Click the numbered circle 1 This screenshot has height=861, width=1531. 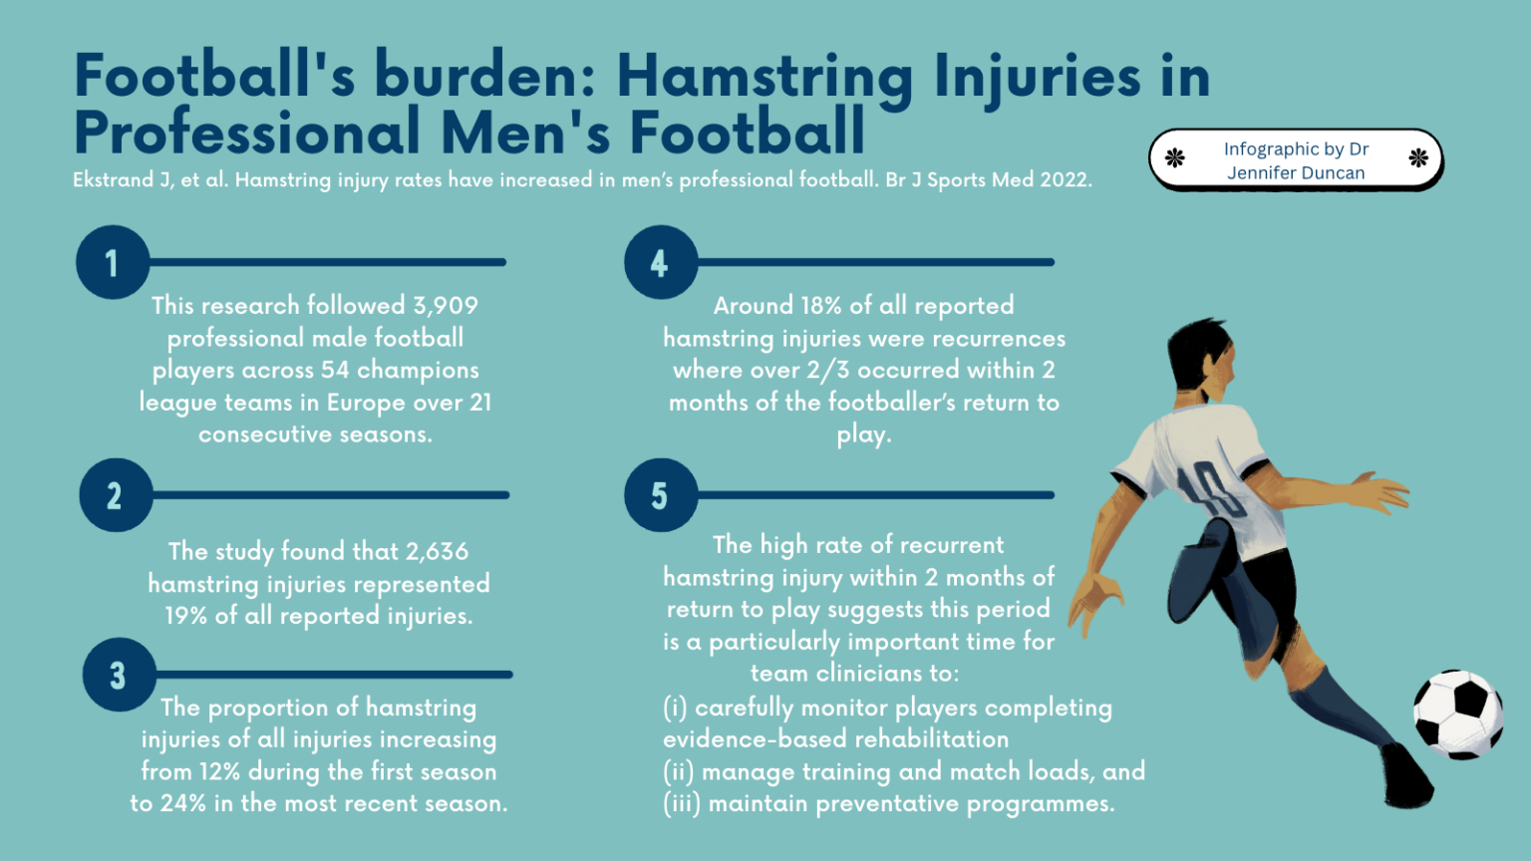(x=113, y=262)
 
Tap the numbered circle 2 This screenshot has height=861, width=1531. (x=116, y=495)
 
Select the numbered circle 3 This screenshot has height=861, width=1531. (x=119, y=675)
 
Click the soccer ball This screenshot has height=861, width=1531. (x=1458, y=714)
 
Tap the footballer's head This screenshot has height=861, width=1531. (x=1201, y=359)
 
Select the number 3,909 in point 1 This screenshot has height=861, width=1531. (x=446, y=306)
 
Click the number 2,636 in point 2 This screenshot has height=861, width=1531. (x=437, y=551)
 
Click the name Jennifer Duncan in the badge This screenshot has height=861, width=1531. (x=1296, y=172)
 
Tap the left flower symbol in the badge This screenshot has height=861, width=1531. (x=1175, y=157)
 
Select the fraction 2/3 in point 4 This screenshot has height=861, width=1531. (x=828, y=370)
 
